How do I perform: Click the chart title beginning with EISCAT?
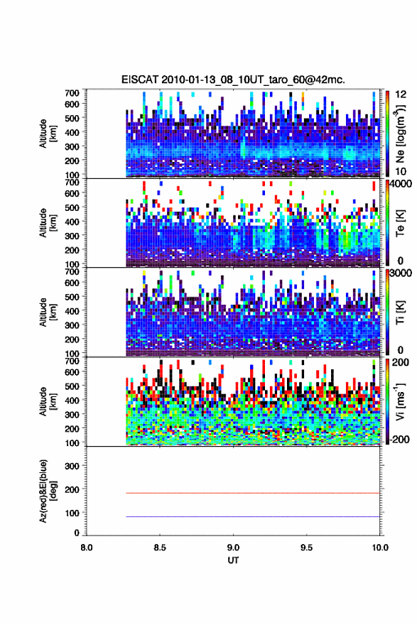pyautogui.click(x=233, y=80)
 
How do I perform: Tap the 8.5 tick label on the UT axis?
pyautogui.click(x=160, y=548)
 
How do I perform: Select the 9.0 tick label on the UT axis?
pyautogui.click(x=233, y=548)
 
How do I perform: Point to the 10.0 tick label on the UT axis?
pyautogui.click(x=380, y=548)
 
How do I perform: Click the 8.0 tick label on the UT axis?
pyautogui.click(x=87, y=548)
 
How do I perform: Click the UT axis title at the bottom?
pyautogui.click(x=233, y=560)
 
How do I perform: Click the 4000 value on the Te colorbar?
pyautogui.click(x=401, y=184)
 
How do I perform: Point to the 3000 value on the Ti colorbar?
pyautogui.click(x=401, y=273)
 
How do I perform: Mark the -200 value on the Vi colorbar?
pyautogui.click(x=400, y=439)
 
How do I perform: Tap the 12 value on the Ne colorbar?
pyautogui.click(x=401, y=94)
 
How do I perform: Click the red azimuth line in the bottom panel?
pyautogui.click(x=253, y=493)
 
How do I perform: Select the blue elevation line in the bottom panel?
pyautogui.click(x=253, y=516)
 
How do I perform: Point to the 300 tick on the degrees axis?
pyautogui.click(x=72, y=466)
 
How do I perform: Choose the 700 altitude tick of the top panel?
pyautogui.click(x=72, y=93)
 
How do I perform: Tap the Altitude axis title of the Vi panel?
pyautogui.click(x=48, y=401)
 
